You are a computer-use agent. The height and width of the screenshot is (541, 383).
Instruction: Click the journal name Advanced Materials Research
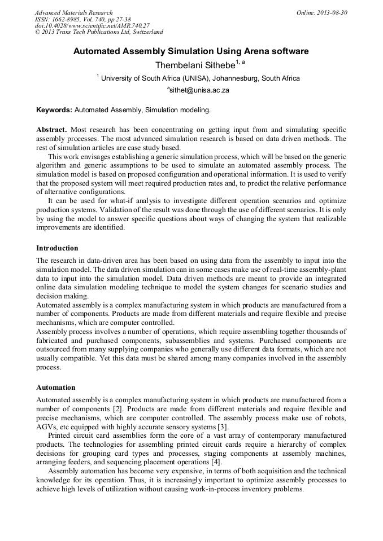73,12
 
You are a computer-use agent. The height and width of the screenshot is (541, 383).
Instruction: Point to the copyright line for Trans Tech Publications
99,32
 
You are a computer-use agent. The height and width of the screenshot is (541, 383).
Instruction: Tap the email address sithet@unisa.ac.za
198,90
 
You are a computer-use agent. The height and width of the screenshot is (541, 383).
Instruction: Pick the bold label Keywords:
54,109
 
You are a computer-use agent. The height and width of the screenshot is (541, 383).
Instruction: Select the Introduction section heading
57,248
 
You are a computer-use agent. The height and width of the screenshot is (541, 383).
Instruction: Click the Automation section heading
55,388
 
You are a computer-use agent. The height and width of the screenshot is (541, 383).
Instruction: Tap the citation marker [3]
223,427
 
